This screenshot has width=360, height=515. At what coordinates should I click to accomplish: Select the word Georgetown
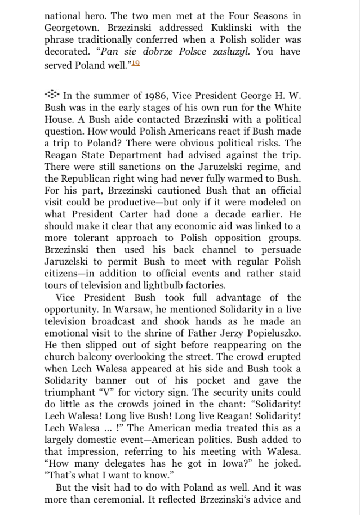[72, 28]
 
